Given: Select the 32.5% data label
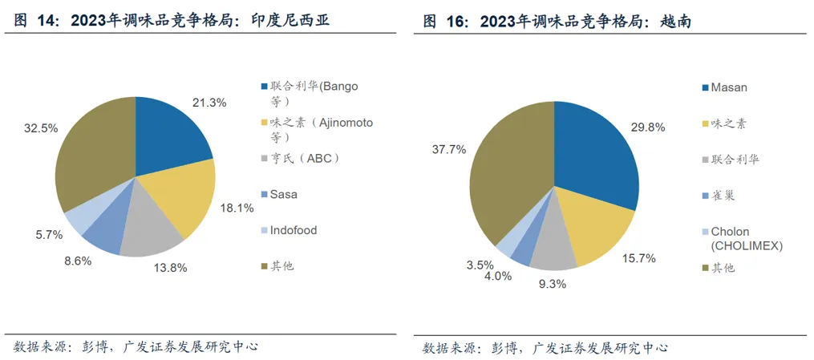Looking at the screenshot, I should click(41, 128).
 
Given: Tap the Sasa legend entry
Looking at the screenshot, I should click(284, 194).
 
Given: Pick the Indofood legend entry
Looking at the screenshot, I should click(294, 230).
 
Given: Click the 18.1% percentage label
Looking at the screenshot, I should click(237, 208).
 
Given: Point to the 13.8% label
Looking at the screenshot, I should click(170, 267).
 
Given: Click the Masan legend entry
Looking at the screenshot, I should click(729, 87).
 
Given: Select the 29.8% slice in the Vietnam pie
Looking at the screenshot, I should click(593, 152).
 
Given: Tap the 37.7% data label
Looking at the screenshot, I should click(449, 150).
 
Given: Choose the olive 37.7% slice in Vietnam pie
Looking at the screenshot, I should click(505, 176).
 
